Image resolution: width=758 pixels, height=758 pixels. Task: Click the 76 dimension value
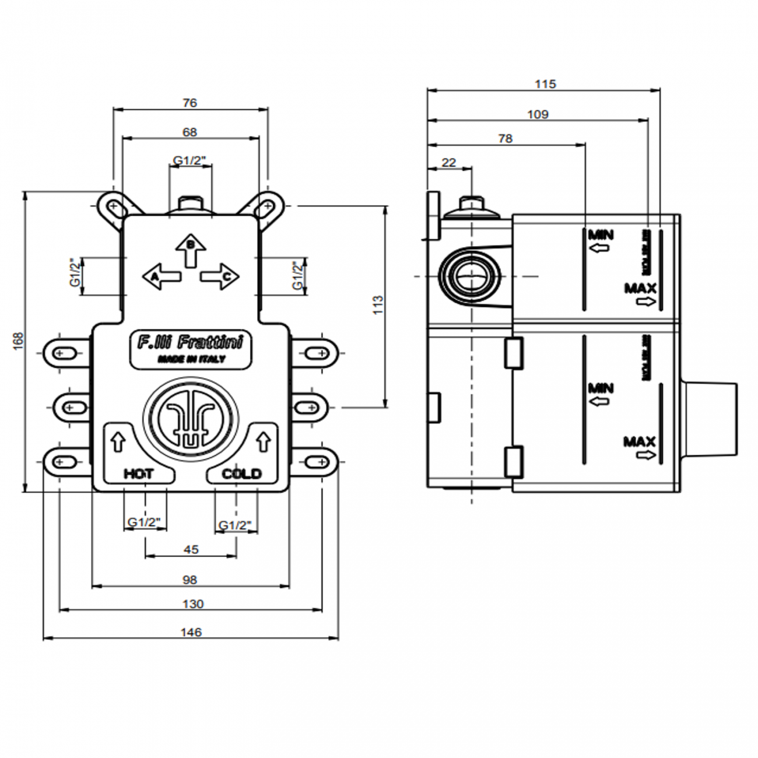[x=189, y=103]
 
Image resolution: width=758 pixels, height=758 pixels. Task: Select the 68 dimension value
[x=189, y=132]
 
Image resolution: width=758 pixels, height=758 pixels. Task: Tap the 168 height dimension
[x=18, y=341]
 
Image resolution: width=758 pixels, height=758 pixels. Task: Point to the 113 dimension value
[x=378, y=305]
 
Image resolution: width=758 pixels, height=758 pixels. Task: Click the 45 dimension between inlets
[x=191, y=549]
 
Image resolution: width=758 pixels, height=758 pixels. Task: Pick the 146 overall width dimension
[x=191, y=632]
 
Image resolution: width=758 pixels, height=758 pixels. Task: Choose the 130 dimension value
[x=192, y=604]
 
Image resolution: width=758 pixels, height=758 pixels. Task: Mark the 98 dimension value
[x=189, y=580]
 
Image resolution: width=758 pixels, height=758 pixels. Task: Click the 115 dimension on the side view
[x=545, y=84]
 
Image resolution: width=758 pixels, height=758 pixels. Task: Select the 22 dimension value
[x=448, y=163]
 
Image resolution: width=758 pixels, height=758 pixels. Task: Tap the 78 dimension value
[x=505, y=139]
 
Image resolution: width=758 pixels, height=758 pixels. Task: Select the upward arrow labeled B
[x=191, y=250]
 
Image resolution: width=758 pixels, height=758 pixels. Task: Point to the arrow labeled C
[x=220, y=276]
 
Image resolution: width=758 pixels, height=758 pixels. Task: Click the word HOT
[x=139, y=473]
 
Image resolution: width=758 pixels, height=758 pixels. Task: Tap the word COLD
[x=241, y=473]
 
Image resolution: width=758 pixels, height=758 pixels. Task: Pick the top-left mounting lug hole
[x=113, y=206]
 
